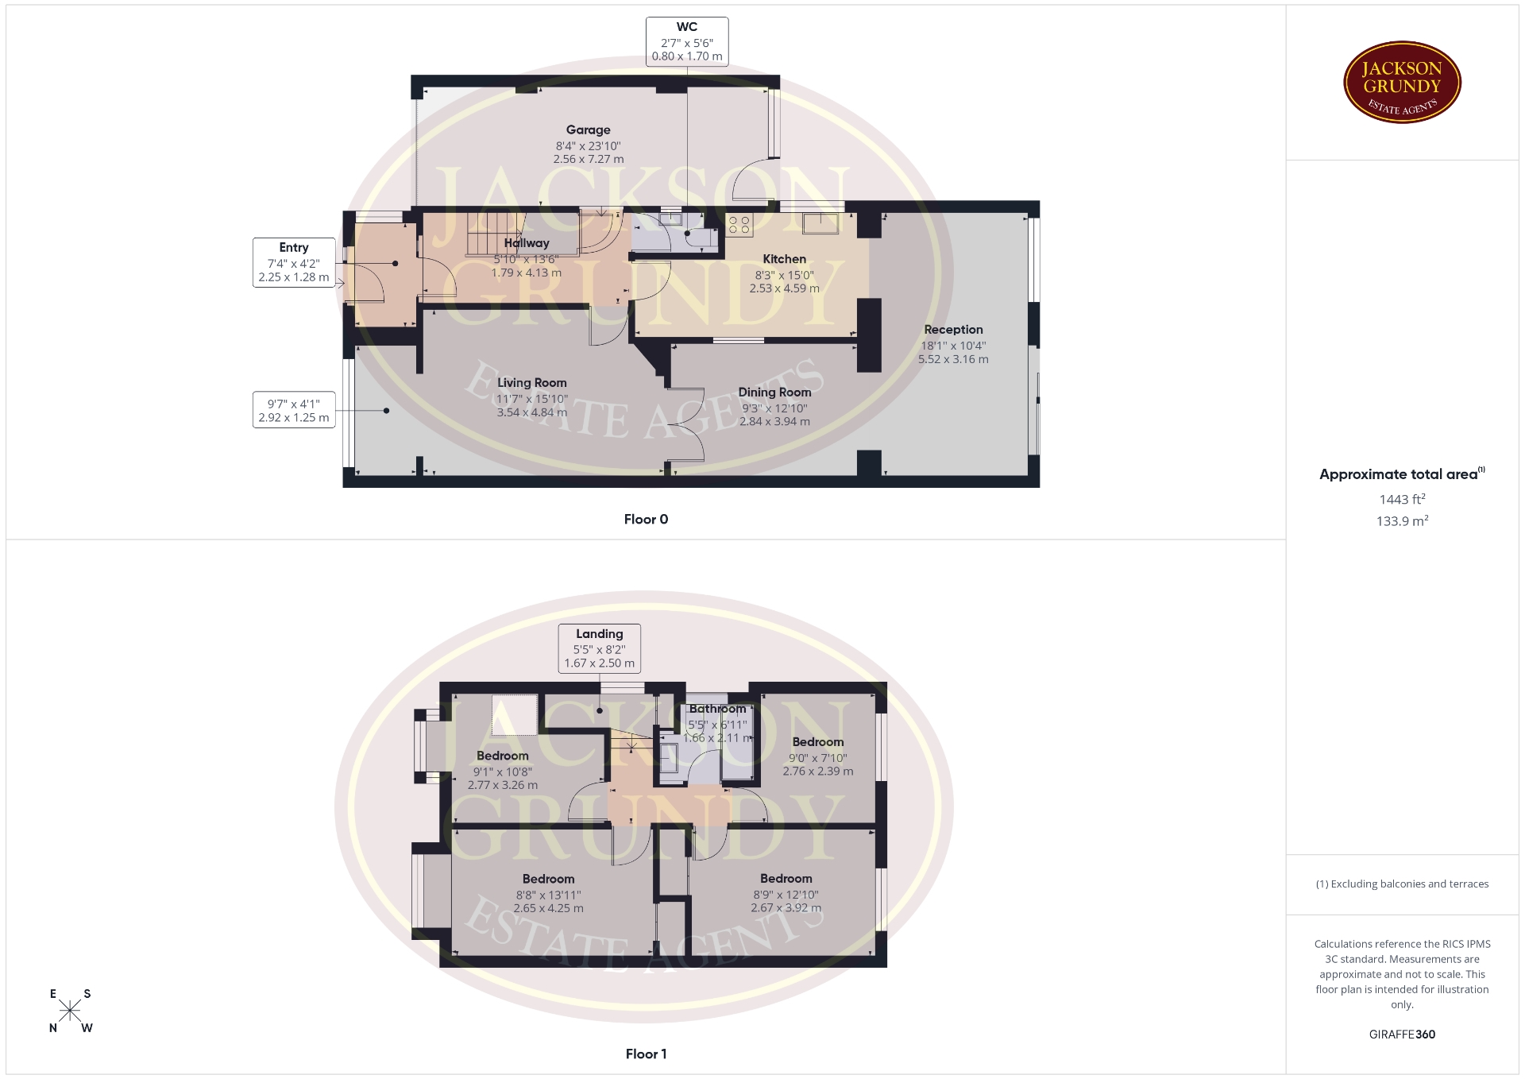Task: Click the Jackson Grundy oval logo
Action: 1402,83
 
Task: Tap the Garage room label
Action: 588,130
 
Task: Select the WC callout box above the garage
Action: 687,42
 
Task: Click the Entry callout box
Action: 293,262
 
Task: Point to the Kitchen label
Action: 784,259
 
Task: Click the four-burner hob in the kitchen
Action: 739,226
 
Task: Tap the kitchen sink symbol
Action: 820,224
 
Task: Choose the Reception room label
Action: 953,330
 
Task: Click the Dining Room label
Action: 774,393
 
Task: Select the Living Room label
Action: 531,383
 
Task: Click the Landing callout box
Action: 599,648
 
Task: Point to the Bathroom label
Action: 717,709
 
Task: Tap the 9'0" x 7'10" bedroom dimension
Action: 818,758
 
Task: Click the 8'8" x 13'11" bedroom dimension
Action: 548,895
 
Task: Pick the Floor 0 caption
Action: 646,520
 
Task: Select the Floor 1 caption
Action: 646,1054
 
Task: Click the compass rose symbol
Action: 70,1011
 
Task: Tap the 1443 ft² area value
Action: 1402,499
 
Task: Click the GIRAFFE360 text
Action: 1402,1035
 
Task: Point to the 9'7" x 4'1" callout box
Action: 293,410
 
